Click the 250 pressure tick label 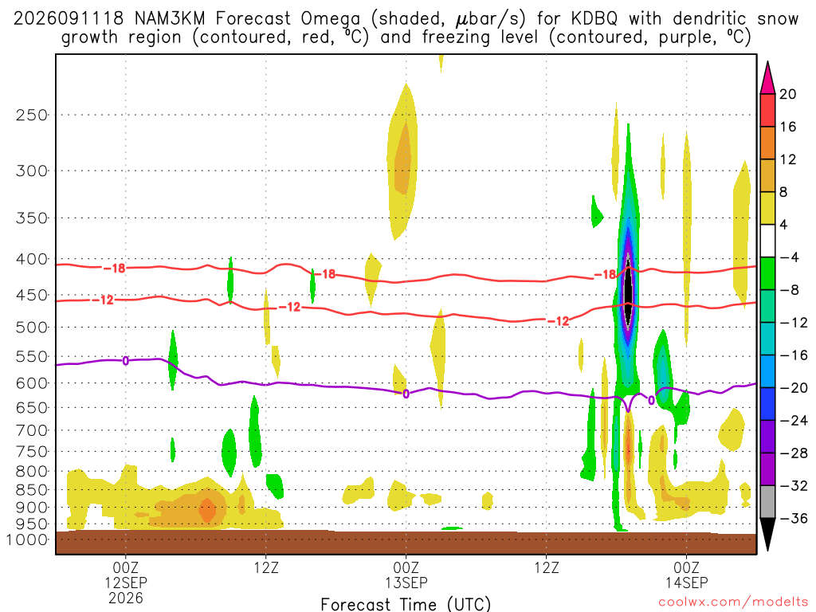click(31, 115)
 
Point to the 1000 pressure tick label click(27, 539)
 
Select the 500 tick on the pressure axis click(31, 328)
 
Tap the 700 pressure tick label click(31, 430)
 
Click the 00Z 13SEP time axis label click(406, 575)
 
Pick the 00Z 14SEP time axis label click(686, 575)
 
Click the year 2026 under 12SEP click(125, 598)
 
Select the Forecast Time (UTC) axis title click(406, 604)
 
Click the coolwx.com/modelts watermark click(732, 602)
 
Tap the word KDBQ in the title click(594, 19)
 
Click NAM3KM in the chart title click(170, 19)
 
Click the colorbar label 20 click(788, 94)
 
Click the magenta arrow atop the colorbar click(767, 78)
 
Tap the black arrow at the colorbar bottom click(767, 533)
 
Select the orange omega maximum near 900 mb click(207, 509)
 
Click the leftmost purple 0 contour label click(125, 361)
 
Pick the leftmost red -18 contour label click(115, 268)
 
